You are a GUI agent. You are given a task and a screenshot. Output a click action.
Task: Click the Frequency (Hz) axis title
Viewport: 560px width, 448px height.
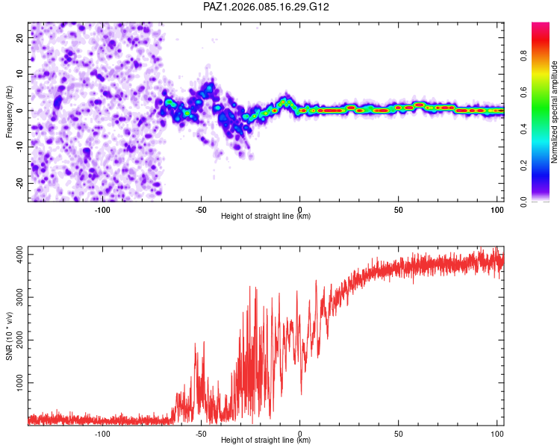[9, 111]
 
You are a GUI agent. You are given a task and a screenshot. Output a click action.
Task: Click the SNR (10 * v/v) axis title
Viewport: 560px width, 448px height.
[9, 335]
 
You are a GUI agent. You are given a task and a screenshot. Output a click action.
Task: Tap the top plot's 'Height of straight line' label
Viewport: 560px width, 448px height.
[266, 217]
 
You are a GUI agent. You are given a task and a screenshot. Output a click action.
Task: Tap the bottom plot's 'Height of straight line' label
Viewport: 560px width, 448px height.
[266, 441]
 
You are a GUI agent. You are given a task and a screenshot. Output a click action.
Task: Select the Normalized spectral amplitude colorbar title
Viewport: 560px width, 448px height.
[555, 111]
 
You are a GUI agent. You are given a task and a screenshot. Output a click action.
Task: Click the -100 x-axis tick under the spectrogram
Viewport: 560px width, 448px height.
[102, 209]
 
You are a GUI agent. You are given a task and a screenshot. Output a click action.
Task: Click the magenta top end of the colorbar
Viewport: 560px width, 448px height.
[541, 26]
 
